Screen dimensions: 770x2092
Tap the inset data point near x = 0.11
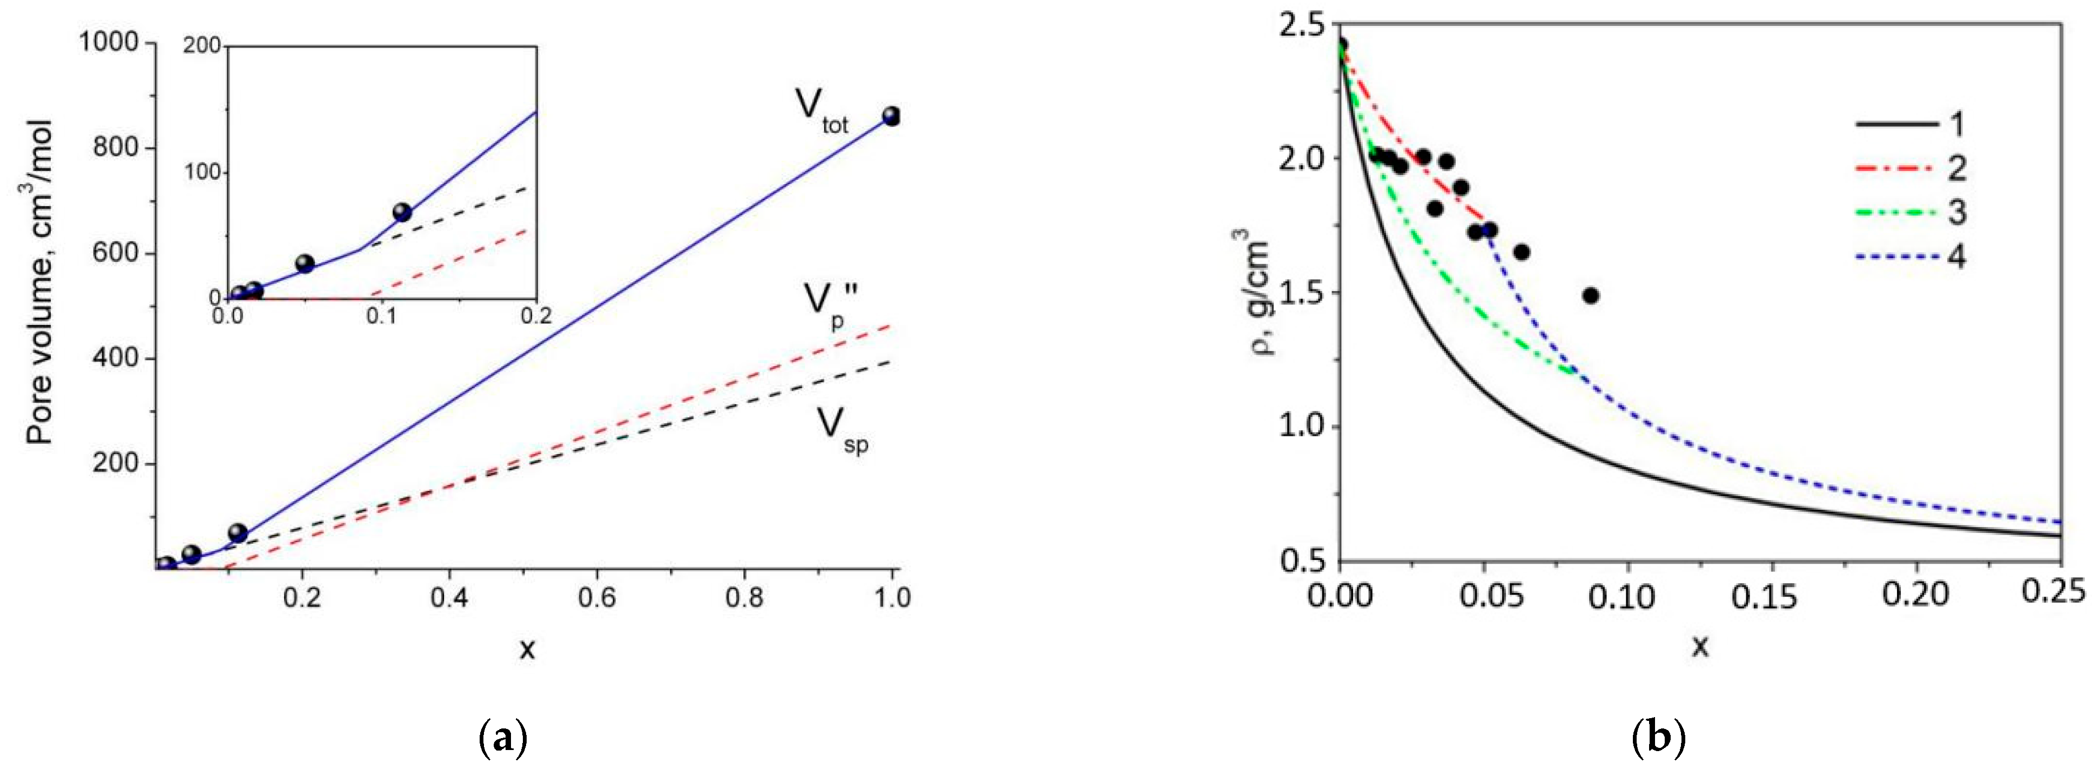402,213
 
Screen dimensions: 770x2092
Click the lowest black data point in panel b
1591,296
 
